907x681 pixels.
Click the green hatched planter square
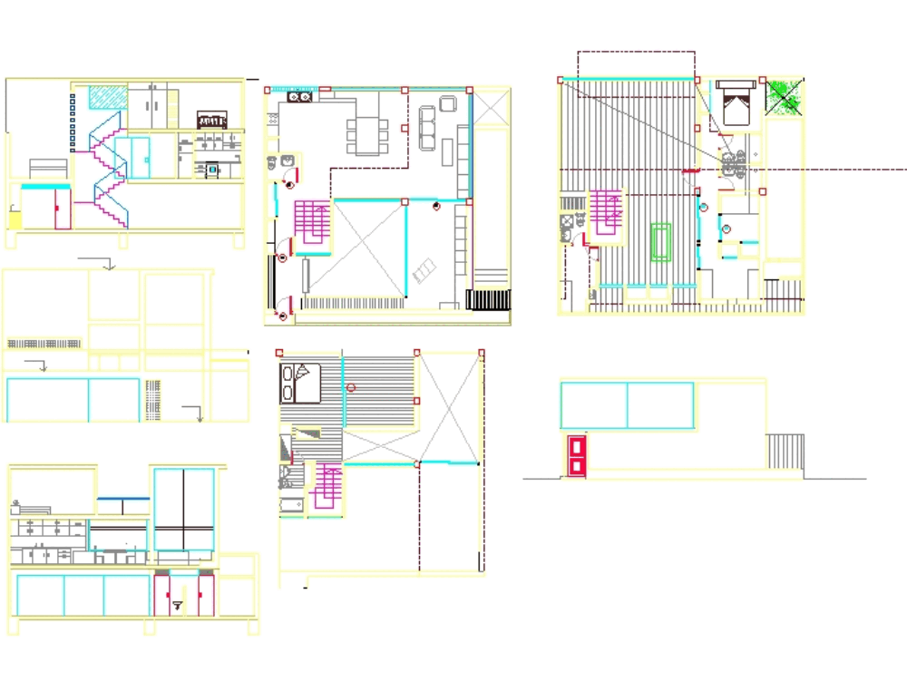pyautogui.click(x=785, y=96)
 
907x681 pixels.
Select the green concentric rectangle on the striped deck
pyautogui.click(x=661, y=242)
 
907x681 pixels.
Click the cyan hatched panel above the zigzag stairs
pyautogui.click(x=107, y=97)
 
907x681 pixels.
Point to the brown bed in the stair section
pyautogui.click(x=211, y=120)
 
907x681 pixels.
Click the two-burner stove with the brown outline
pyautogui.click(x=300, y=96)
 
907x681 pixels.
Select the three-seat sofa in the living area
pyautogui.click(x=428, y=127)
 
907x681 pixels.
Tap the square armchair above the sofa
pyautogui.click(x=448, y=102)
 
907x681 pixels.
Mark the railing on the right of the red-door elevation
pyautogui.click(x=785, y=451)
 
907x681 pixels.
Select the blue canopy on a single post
pyautogui.click(x=123, y=499)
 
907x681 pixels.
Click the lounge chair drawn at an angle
pyautogui.click(x=424, y=270)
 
